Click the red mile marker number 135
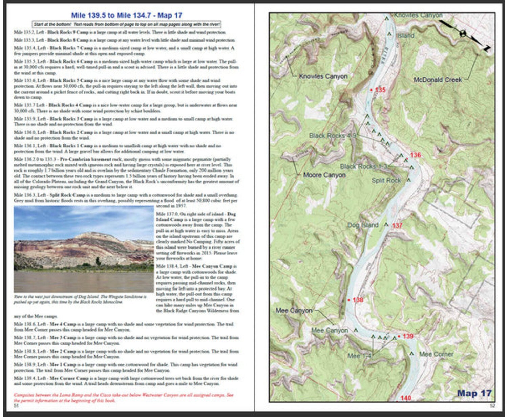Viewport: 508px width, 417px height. [x=380, y=90]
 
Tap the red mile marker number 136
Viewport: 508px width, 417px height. [x=415, y=155]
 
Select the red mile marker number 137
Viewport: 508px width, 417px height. [x=397, y=225]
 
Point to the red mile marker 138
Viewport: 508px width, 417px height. [x=358, y=300]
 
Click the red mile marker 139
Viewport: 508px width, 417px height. [x=408, y=336]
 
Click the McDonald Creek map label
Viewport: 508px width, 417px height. [x=438, y=80]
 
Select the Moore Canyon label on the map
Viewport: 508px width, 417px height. [x=324, y=175]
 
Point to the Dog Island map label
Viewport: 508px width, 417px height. [x=363, y=225]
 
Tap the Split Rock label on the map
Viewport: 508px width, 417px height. [x=386, y=180]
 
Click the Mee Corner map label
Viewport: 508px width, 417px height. [x=436, y=354]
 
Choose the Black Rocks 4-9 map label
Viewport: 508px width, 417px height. [x=332, y=136]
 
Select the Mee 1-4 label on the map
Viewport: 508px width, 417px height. [x=359, y=356]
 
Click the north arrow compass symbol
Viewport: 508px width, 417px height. [x=463, y=34]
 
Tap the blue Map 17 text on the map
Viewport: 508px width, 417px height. [x=474, y=393]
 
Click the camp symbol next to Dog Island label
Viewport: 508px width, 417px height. [x=386, y=224]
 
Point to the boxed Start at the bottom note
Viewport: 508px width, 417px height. [x=127, y=24]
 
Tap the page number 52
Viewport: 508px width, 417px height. [x=492, y=405]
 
